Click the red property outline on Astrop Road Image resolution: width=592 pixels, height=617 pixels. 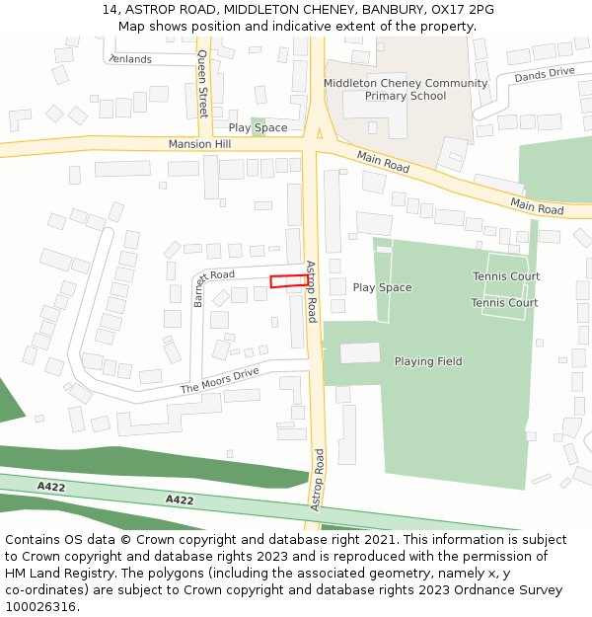click(x=289, y=281)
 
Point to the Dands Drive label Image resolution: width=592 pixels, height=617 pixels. click(x=544, y=74)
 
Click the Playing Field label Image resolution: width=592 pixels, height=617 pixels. click(x=428, y=361)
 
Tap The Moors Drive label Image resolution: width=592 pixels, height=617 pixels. click(x=219, y=380)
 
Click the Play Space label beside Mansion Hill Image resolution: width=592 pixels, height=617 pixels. click(x=258, y=128)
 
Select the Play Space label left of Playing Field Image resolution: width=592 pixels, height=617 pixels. click(x=382, y=287)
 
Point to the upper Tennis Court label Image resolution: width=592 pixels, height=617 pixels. click(x=505, y=276)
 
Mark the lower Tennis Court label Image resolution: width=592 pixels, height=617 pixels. click(x=504, y=303)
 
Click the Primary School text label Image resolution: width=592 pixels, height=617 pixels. click(x=406, y=96)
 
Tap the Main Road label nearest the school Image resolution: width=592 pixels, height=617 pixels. click(x=383, y=163)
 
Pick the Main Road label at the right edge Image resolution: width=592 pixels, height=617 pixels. click(x=537, y=206)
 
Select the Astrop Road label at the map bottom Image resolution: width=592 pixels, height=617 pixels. click(x=318, y=480)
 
